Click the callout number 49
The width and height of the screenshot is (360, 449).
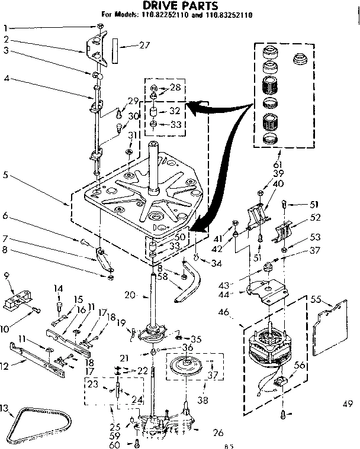coord(347,405)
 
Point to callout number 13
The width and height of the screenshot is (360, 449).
coord(5,409)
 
